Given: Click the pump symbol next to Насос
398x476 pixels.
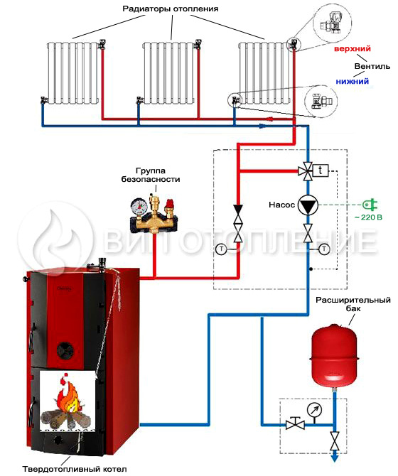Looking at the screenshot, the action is point(308,205).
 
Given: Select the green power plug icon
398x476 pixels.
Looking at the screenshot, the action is point(370,205).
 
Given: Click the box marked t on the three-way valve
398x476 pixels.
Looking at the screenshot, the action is point(321,171).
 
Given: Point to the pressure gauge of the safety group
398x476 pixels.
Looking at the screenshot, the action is point(139,206).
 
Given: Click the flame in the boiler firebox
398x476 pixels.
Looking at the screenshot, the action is point(68,394).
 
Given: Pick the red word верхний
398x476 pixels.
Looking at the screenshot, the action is point(352,48).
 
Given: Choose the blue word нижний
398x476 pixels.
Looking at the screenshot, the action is point(352,82).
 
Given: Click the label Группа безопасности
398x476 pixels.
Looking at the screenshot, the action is point(151,175).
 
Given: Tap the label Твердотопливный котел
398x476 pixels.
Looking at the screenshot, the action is point(75,469).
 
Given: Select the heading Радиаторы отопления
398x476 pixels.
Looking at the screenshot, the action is point(171,9).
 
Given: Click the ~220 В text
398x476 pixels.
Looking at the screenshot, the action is point(368,217).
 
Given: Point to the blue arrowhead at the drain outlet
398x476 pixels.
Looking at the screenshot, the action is point(335,458).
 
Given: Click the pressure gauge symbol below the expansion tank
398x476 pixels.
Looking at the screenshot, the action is point(314,411).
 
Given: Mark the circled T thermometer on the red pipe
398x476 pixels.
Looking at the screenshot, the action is point(221,249).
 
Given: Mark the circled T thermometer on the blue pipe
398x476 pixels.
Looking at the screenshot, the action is point(325,249).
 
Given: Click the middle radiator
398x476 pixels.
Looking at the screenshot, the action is point(168,73).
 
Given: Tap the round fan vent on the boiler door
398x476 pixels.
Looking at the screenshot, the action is point(65,350).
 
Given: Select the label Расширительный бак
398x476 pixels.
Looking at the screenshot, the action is point(353,304).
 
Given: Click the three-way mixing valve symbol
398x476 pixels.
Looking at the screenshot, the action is point(307,171).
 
